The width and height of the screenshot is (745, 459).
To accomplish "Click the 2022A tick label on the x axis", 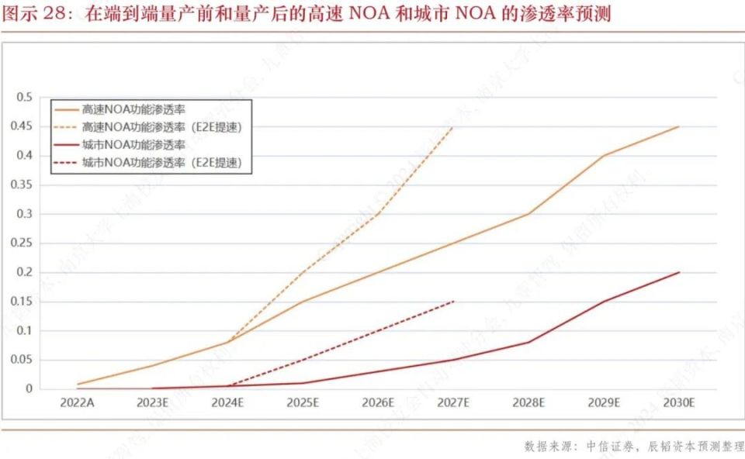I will (x=77, y=403).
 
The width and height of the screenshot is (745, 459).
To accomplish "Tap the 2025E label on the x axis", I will (x=303, y=403).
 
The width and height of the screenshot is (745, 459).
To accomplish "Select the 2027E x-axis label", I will (x=453, y=403).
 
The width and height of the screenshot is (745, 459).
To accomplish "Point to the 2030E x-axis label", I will (x=679, y=403).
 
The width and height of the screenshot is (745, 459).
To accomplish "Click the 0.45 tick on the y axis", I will (x=24, y=126).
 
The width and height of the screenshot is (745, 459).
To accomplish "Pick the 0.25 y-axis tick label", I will (x=24, y=243).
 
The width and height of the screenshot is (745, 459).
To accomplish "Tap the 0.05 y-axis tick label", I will (x=24, y=360).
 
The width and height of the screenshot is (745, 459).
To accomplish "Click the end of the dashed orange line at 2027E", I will (x=453, y=126).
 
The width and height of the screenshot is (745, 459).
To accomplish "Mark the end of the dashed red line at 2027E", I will (x=453, y=301).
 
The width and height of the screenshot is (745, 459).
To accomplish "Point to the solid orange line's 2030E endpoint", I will (x=679, y=126).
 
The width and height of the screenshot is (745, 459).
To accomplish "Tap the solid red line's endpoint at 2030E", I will (x=679, y=272).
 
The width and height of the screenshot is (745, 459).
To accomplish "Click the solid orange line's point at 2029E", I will (x=604, y=156).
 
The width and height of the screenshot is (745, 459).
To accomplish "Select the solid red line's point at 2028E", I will (x=528, y=342).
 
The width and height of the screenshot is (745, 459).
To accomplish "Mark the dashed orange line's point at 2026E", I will (x=378, y=214).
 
